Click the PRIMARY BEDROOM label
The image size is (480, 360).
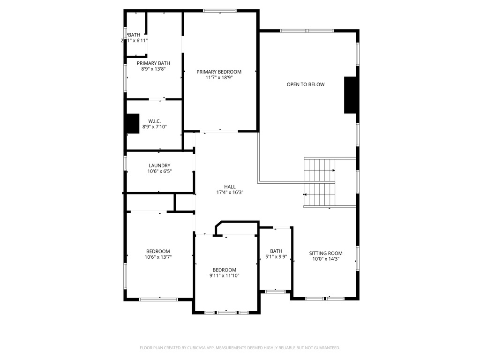(x=219, y=72)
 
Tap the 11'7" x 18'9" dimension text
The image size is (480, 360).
(x=219, y=78)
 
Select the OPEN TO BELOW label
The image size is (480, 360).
(x=306, y=84)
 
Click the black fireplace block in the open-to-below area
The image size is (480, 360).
(x=350, y=95)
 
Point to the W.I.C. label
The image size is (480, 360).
(x=155, y=121)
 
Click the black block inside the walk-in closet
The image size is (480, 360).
(x=133, y=123)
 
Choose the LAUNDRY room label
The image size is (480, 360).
(x=159, y=165)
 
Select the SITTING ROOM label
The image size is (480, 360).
(x=326, y=253)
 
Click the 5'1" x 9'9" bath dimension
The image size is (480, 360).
(x=276, y=257)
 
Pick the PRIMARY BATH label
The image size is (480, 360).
(x=153, y=63)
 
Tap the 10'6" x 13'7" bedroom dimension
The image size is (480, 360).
(x=158, y=257)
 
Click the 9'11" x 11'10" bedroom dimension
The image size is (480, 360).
(x=225, y=276)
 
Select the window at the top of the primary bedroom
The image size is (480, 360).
(x=220, y=11)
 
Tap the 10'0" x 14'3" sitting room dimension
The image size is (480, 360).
(x=326, y=259)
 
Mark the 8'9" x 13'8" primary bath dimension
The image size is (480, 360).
(x=153, y=69)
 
